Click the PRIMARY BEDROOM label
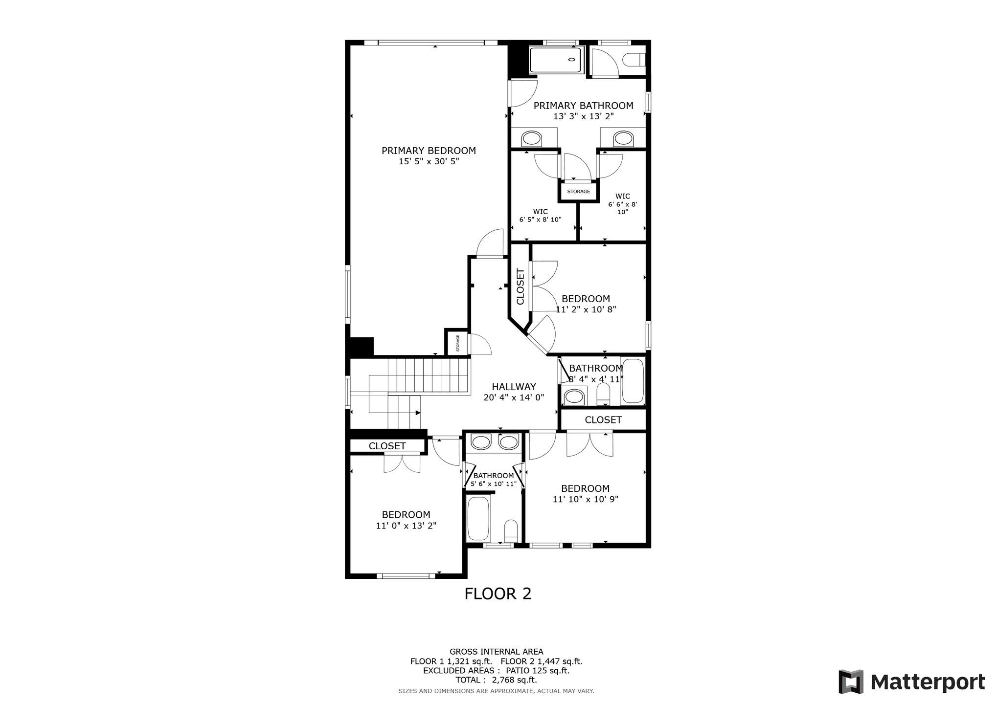(429, 151)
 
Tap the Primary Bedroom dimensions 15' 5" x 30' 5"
(429, 161)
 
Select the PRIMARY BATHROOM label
(583, 106)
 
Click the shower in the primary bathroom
(557, 61)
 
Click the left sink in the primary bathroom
(532, 138)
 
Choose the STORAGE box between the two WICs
(578, 191)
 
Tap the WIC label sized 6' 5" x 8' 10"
(540, 216)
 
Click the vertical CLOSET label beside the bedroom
(520, 286)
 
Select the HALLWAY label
(514, 387)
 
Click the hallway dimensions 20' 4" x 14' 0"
(514, 397)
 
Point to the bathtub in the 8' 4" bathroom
(633, 382)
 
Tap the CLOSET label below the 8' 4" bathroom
(603, 420)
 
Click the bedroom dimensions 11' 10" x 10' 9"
(586, 499)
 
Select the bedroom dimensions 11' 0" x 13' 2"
(406, 526)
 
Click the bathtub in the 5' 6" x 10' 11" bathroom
(478, 518)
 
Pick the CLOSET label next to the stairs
(387, 446)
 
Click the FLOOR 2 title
(498, 594)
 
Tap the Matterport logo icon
(851, 682)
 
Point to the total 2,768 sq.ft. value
(513, 680)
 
